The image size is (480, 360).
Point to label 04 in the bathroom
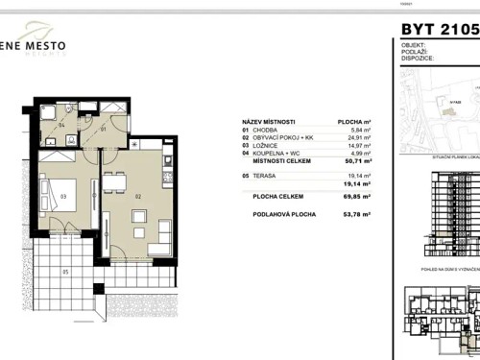point(60,125)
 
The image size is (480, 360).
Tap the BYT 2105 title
point(439,28)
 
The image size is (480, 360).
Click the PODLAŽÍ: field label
point(414,52)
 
